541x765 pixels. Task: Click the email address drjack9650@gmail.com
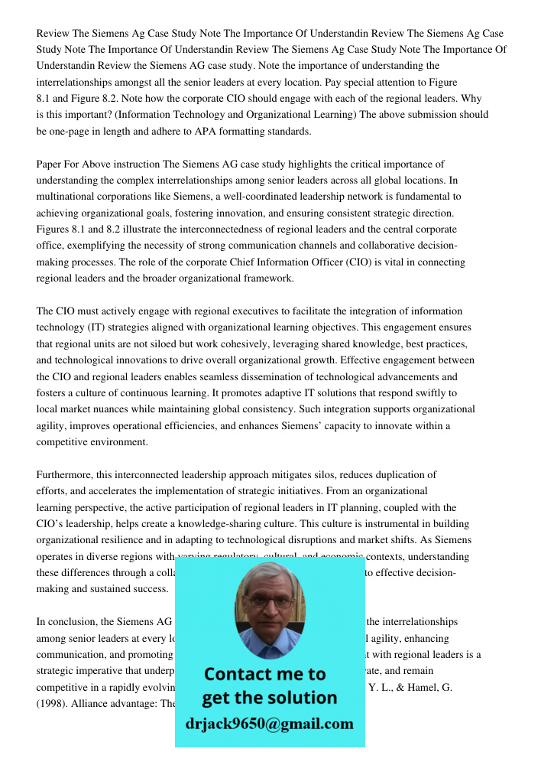pyautogui.click(x=269, y=724)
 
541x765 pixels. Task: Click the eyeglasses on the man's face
pyautogui.click(x=268, y=601)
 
